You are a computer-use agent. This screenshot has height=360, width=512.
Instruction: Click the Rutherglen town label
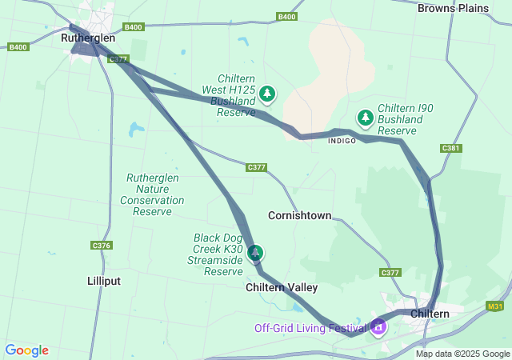(88, 38)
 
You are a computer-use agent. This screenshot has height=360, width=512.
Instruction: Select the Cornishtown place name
(299, 216)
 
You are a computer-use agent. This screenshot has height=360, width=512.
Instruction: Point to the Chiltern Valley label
(282, 287)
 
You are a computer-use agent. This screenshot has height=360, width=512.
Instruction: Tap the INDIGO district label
(342, 141)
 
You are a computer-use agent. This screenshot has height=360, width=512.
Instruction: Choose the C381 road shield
(451, 148)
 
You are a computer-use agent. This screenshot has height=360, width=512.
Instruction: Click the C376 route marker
(101, 246)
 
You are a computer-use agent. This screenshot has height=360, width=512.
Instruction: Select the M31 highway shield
(495, 306)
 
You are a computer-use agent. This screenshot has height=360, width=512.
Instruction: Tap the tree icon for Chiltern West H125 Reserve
(267, 94)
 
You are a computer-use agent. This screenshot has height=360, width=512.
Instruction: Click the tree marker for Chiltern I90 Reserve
(366, 118)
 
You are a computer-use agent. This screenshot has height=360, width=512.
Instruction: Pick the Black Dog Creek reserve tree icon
(255, 253)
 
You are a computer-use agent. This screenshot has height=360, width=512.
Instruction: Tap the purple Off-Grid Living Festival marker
(378, 326)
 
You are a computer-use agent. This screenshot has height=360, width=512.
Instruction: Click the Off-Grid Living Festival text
(310, 328)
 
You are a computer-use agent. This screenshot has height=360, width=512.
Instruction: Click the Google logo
(26, 350)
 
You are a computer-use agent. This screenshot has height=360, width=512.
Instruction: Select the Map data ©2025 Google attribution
(462, 354)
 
